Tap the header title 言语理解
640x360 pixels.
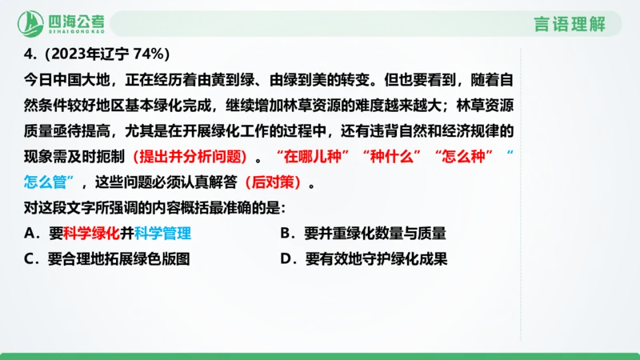[x=569, y=24]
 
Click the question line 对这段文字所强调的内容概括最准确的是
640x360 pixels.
[x=150, y=208]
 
